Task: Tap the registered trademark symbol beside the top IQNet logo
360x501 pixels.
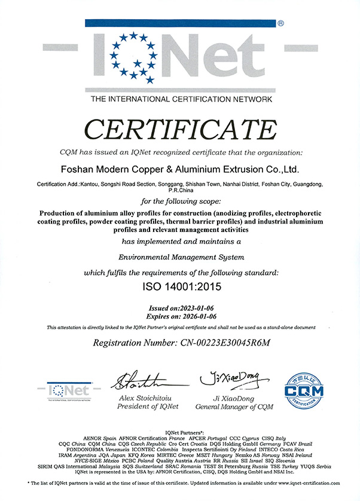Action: click(280, 23)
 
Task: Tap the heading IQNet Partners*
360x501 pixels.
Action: click(180, 432)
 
